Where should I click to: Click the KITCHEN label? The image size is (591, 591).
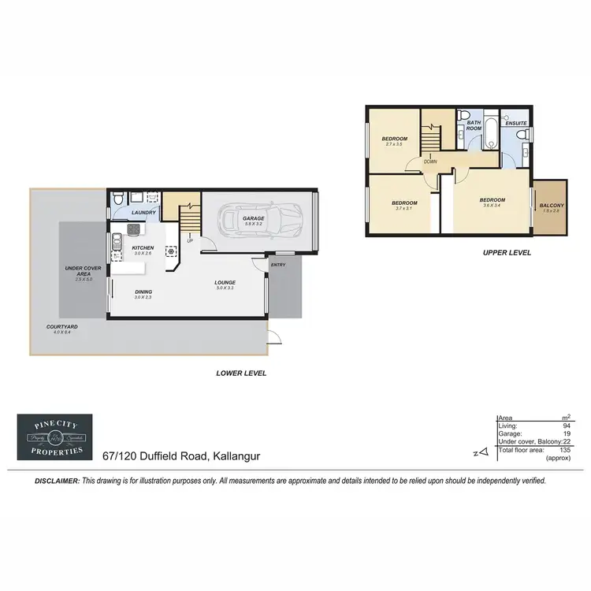click(142, 248)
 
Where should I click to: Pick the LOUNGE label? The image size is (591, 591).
click(225, 282)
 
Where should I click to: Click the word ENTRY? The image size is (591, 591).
click(279, 265)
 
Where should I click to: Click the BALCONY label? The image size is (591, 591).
click(550, 206)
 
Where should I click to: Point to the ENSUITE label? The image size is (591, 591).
click(515, 125)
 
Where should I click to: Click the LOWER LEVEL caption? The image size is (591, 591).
click(241, 373)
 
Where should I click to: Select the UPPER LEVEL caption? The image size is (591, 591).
click(507, 253)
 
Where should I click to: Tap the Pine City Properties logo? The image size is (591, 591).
click(54, 437)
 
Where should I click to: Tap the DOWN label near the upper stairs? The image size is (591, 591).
click(430, 162)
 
